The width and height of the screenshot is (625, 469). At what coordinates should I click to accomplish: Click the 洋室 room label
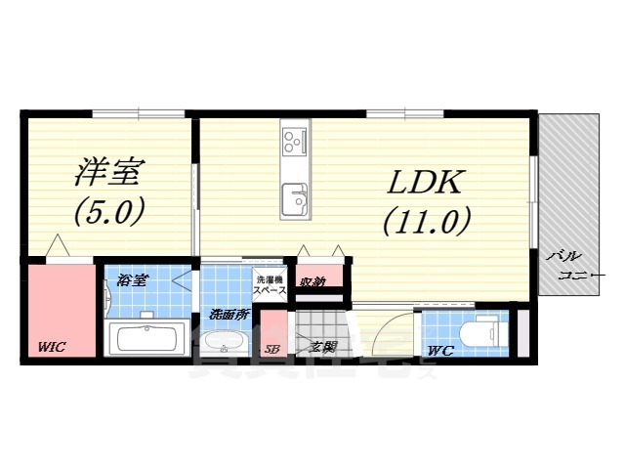109,172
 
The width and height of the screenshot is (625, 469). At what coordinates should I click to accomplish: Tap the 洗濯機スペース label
268,285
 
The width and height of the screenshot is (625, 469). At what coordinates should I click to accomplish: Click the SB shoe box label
271,348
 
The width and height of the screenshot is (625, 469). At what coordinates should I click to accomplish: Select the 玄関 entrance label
322,346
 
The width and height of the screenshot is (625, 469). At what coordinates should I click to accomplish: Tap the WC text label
438,350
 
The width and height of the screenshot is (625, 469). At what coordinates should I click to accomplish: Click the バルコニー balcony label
576,265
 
